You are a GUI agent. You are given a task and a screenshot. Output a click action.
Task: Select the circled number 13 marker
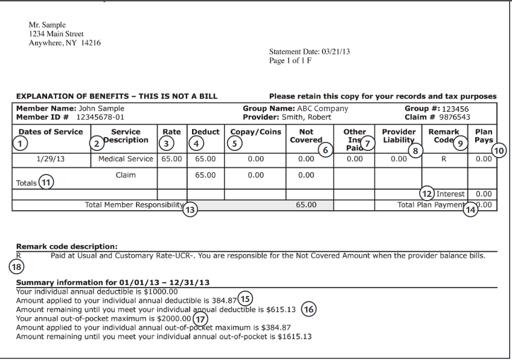pos(190,211)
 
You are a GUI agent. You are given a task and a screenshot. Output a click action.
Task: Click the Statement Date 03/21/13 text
pos(309,52)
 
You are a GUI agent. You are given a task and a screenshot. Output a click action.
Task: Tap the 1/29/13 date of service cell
pos(51,159)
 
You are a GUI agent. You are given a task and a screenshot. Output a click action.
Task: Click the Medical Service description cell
pos(124,159)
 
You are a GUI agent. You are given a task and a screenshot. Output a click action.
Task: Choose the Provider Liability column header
pos(399,135)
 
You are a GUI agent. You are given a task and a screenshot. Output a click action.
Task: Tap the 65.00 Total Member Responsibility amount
pos(307,205)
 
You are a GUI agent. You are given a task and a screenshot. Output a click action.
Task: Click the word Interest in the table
pos(450,194)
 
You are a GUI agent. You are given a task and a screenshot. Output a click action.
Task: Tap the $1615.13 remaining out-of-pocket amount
pos(295,336)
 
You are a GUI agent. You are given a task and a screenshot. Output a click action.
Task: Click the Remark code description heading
pos(66,246)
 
